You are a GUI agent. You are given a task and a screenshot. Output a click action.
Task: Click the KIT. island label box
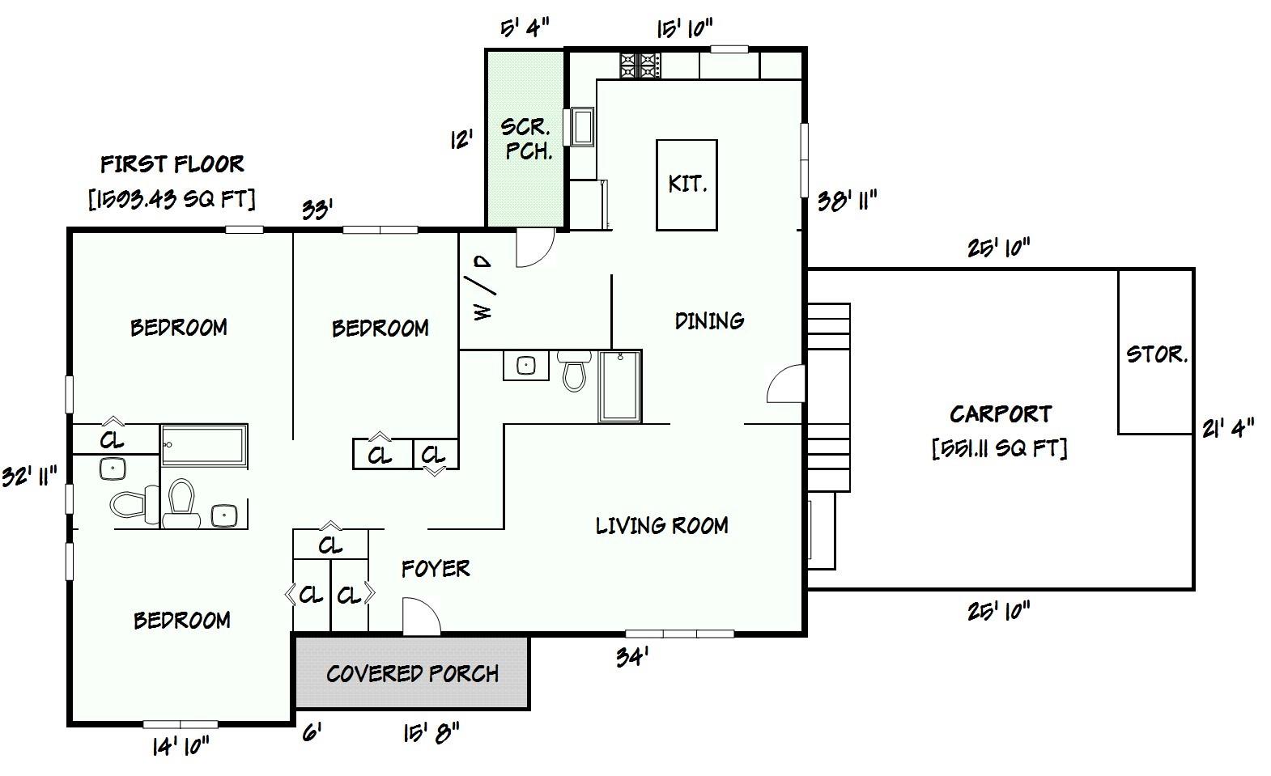click(x=687, y=184)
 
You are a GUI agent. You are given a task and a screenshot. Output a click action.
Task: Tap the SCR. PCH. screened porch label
click(x=527, y=138)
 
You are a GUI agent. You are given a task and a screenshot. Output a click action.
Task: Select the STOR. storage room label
click(x=1156, y=354)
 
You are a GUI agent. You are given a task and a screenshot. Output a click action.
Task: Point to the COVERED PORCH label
click(x=412, y=673)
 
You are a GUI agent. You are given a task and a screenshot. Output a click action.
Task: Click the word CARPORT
click(x=1001, y=414)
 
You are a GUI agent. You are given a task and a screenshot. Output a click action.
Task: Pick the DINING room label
click(x=709, y=321)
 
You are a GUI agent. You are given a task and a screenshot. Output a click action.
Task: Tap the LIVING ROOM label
click(x=661, y=526)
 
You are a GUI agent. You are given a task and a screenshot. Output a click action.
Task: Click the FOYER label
click(x=436, y=569)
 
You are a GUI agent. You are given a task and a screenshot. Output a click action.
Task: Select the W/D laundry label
click(x=483, y=289)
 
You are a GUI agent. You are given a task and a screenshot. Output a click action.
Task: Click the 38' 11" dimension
click(x=847, y=200)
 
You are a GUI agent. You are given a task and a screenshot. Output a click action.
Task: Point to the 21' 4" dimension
click(x=1227, y=427)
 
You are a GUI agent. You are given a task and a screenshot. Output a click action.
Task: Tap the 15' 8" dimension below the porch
click(x=431, y=733)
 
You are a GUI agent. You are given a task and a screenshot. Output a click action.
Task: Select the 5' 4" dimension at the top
click(x=525, y=29)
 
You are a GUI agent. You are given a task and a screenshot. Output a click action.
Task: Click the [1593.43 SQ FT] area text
click(x=172, y=199)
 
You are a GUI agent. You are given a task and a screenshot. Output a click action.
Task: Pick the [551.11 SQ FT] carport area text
click(x=999, y=447)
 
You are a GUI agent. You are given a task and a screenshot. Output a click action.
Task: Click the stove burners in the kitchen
click(x=640, y=65)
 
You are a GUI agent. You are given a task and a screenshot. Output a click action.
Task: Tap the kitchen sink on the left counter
click(x=582, y=127)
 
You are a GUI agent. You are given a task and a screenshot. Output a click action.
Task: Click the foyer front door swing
click(x=420, y=617)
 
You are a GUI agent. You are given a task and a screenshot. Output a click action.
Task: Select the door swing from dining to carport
click(x=786, y=384)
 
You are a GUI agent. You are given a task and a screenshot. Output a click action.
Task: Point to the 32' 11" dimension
click(x=29, y=476)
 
